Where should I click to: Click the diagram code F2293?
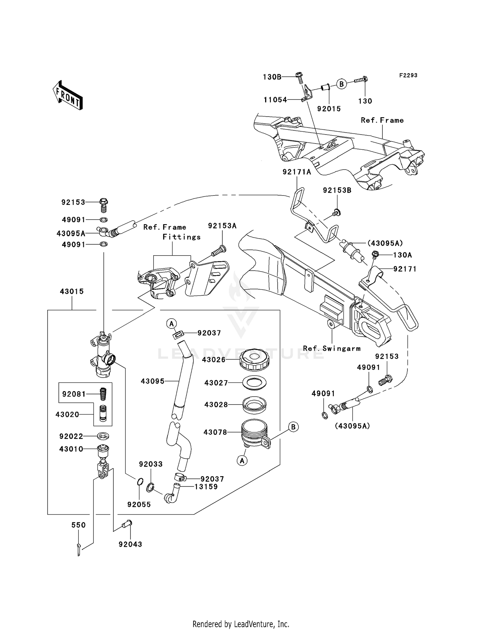(408, 75)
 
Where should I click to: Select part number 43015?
(72, 292)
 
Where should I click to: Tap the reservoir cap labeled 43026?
(254, 359)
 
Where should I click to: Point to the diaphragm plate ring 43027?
(254, 383)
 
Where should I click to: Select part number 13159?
(206, 487)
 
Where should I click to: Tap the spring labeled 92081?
(102, 394)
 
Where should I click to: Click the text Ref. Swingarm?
(332, 348)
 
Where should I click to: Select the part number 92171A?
(297, 172)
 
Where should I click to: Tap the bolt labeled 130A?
(375, 255)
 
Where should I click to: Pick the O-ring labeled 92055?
(140, 482)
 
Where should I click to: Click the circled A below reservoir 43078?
(242, 461)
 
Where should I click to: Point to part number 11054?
(275, 100)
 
